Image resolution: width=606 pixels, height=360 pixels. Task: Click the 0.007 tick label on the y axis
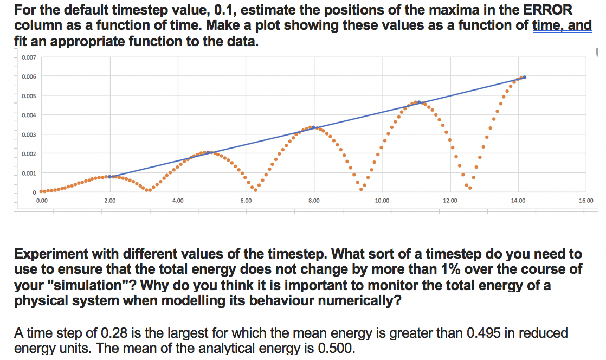[29, 57]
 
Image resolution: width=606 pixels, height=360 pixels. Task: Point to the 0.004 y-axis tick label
[29, 115]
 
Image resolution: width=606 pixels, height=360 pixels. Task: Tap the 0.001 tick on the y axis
[29, 173]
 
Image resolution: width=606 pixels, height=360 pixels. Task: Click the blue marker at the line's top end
[524, 77]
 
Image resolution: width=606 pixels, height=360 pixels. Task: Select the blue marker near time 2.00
[110, 177]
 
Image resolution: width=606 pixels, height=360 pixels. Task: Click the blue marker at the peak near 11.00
[419, 102]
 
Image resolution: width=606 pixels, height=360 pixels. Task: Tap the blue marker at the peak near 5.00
[208, 152]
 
